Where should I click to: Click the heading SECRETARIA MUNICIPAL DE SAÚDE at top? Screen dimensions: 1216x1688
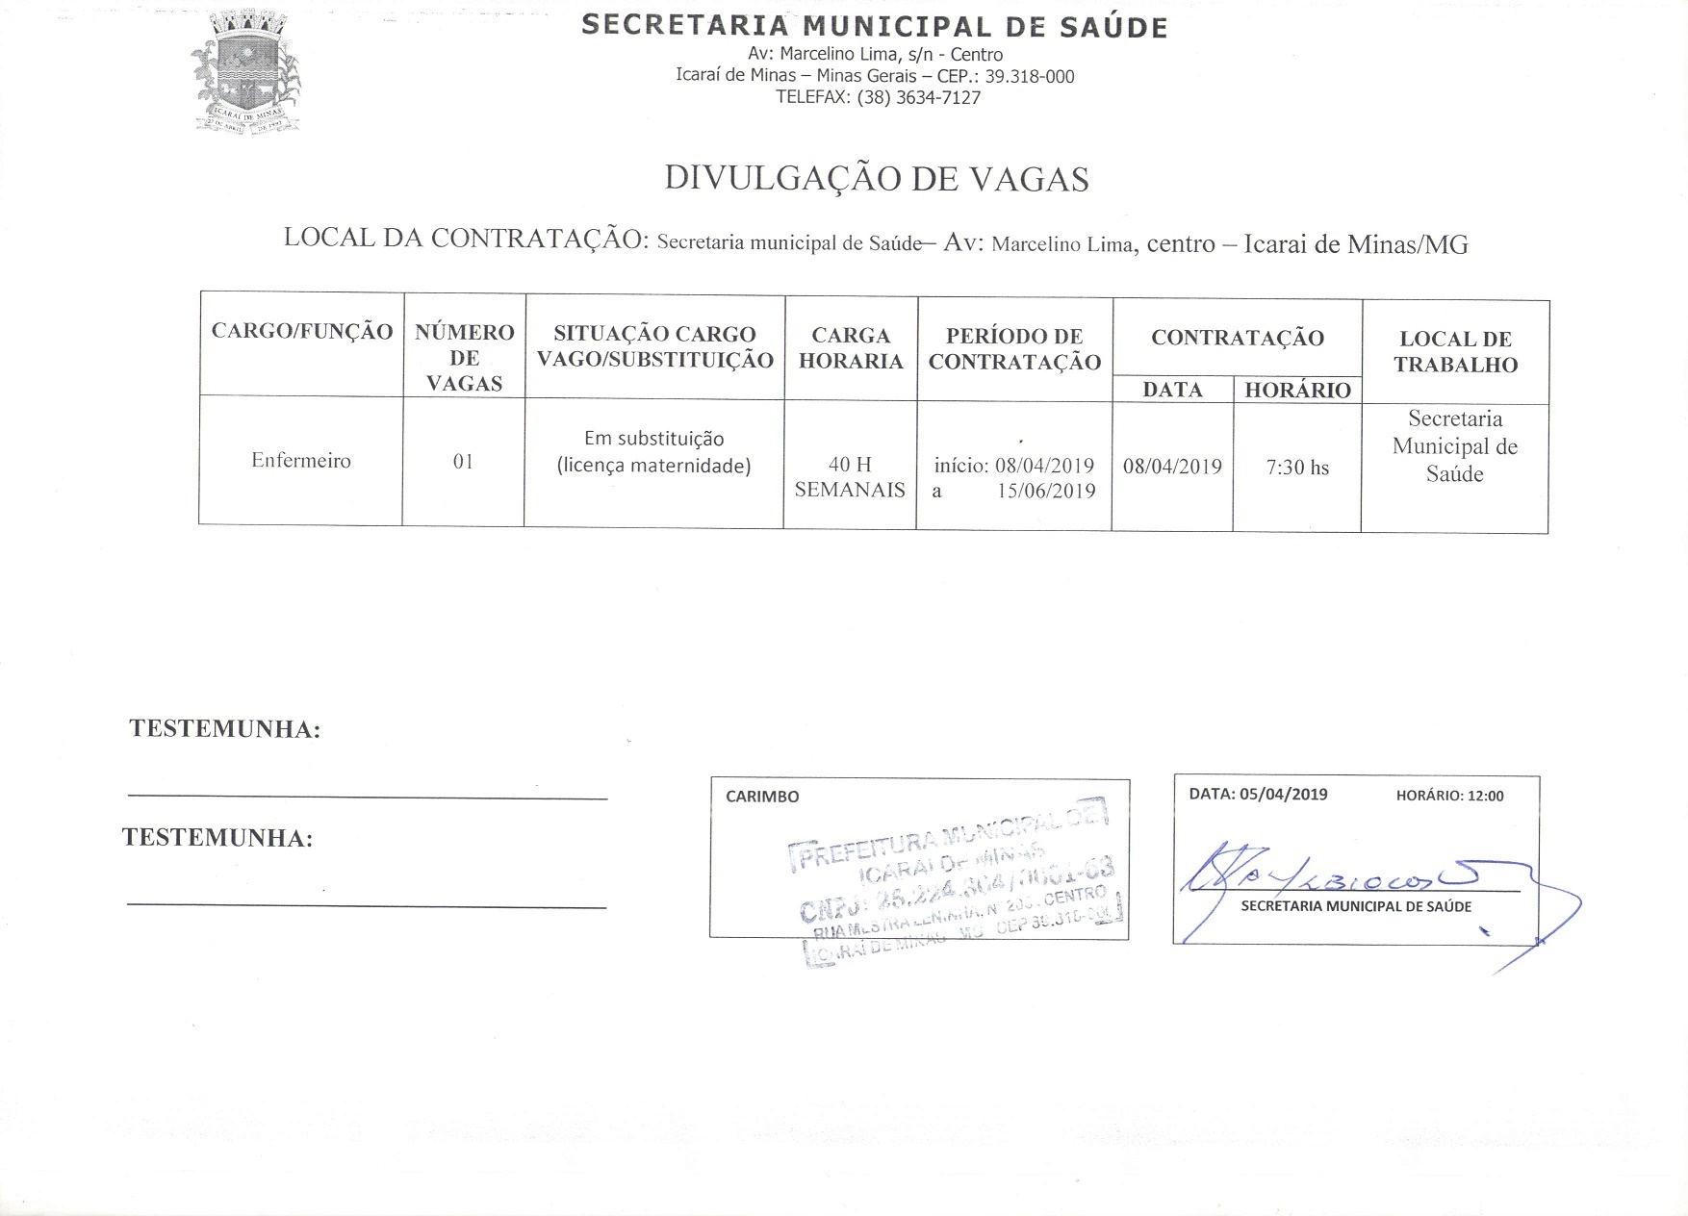click(x=874, y=26)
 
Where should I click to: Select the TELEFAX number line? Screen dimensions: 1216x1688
click(x=878, y=97)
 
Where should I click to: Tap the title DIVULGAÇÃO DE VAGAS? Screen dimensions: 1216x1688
click(x=876, y=180)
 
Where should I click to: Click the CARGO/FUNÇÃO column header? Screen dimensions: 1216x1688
click(x=302, y=332)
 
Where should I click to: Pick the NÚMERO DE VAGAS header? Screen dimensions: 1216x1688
click(x=464, y=358)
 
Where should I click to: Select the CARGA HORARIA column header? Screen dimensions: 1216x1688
click(x=851, y=348)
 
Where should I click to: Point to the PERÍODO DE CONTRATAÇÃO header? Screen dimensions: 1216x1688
click(x=1014, y=349)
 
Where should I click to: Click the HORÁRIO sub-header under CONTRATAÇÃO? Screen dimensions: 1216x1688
click(x=1297, y=391)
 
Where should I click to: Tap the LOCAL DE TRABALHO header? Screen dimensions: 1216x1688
click(x=1455, y=352)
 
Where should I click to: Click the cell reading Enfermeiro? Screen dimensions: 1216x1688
click(x=301, y=461)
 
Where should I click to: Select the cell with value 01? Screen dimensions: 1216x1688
click(x=463, y=462)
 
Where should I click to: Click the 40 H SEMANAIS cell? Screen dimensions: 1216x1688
click(x=850, y=477)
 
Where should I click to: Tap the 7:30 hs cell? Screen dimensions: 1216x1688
click(x=1297, y=469)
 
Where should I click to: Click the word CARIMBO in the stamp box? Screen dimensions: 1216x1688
click(x=762, y=797)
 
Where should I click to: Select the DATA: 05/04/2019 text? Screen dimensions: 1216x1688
click(x=1258, y=795)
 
